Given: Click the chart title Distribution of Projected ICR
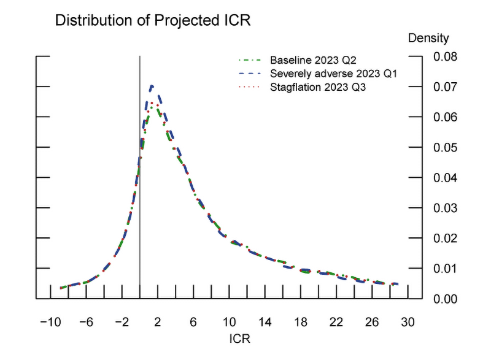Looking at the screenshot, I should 153,20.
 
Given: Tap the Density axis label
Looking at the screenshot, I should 428,38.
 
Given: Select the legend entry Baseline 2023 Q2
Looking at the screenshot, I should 313,61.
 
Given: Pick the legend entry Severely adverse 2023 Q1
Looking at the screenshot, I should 334,74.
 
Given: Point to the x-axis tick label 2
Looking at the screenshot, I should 158,323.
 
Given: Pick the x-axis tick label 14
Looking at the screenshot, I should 265,323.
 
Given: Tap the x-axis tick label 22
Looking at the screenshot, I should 337,323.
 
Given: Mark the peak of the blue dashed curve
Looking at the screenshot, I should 152,86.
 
